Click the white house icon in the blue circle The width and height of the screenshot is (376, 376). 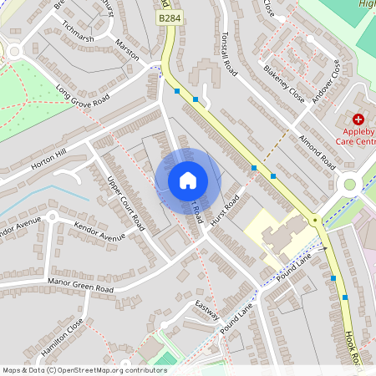click(188, 180)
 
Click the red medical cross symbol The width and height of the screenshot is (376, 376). click(358, 120)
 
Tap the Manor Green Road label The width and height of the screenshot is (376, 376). click(80, 286)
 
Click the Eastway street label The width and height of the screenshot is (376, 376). click(206, 309)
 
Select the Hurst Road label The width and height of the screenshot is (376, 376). click(226, 209)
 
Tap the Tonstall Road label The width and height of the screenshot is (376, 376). click(230, 54)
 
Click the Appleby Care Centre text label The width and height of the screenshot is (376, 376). click(358, 136)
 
